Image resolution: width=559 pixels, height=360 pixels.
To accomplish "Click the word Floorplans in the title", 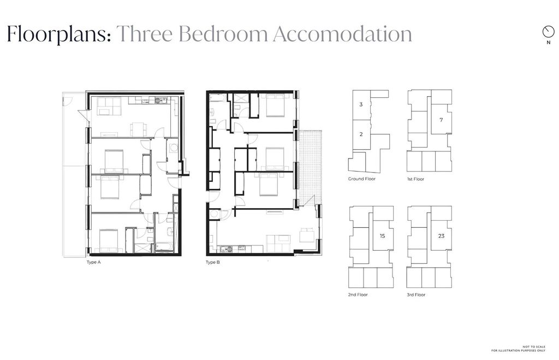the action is [x=59, y=34].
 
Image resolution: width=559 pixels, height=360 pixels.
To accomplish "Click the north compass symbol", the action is [x=548, y=32].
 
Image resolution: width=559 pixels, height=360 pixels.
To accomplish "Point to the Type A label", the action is [x=94, y=262].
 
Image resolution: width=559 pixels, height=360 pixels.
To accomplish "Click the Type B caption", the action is [x=213, y=262].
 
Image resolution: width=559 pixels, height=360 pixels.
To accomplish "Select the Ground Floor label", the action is [x=362, y=179].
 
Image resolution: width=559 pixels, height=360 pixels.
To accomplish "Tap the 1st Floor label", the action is [x=415, y=179].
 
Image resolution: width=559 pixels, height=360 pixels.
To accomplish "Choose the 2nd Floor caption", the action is [x=358, y=294].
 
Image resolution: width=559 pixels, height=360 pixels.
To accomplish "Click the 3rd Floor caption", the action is [x=416, y=294].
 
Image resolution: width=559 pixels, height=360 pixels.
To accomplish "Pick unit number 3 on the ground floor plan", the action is [x=361, y=104].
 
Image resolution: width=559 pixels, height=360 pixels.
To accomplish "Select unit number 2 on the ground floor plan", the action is [x=361, y=134].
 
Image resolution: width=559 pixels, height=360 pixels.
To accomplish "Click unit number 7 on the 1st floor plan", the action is [x=441, y=120].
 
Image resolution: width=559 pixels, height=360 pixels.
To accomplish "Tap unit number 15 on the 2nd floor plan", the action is [x=383, y=236].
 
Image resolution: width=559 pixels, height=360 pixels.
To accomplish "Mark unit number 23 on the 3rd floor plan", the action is [x=441, y=236].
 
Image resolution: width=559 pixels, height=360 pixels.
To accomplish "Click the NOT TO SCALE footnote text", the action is [x=534, y=347].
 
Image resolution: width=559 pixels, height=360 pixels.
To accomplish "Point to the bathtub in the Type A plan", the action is [x=164, y=246].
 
